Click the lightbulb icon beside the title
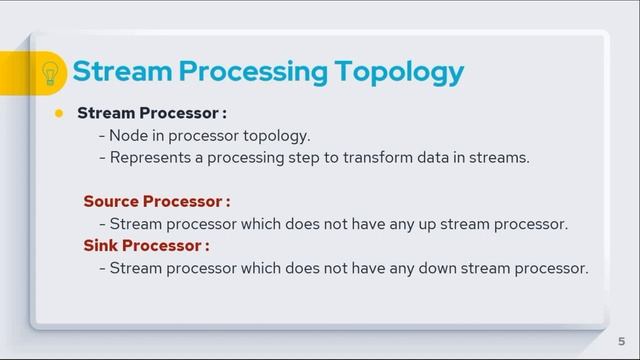(x=50, y=73)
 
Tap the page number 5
(x=621, y=341)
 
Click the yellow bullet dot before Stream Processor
(x=59, y=113)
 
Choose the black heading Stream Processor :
(x=151, y=113)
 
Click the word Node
(x=130, y=135)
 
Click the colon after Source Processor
(x=227, y=202)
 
